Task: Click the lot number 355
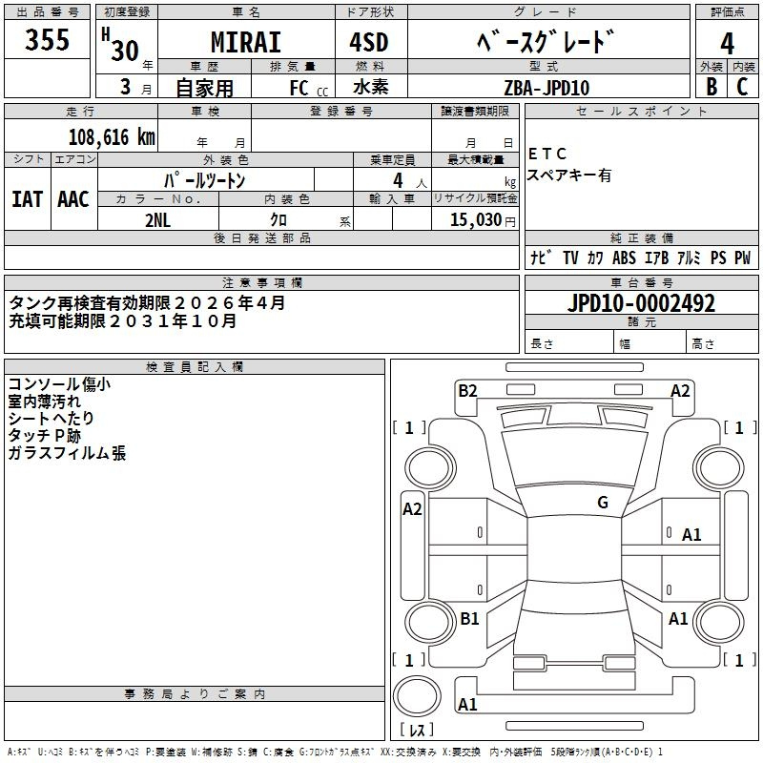[x=47, y=41]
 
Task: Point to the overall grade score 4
[x=727, y=44]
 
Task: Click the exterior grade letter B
[x=711, y=87]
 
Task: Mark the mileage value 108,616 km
[x=112, y=137]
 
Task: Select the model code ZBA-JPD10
[x=546, y=88]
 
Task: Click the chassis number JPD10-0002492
[x=641, y=304]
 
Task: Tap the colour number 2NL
[x=158, y=219]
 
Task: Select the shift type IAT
[x=27, y=199]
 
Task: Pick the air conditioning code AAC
[x=72, y=199]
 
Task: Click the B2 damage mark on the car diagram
[x=467, y=390]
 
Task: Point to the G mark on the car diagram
[x=602, y=503]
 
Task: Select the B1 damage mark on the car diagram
[x=469, y=619]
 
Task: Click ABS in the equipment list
[x=624, y=258]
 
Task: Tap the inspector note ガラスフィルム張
[x=67, y=454]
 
